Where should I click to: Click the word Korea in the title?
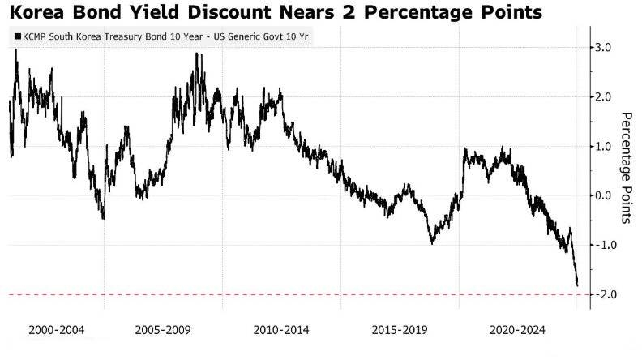point(37,13)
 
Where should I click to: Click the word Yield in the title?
point(151,13)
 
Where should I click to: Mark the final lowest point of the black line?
point(577,285)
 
